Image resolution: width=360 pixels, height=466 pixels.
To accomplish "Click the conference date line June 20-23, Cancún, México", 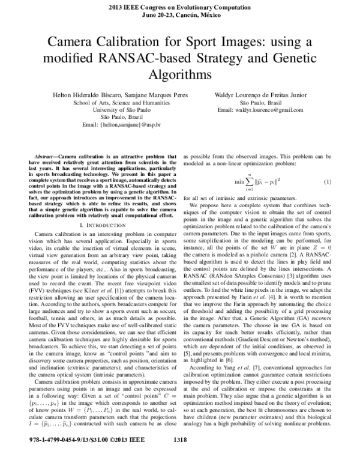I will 180,14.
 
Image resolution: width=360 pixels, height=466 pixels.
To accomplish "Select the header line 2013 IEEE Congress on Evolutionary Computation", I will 180,6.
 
